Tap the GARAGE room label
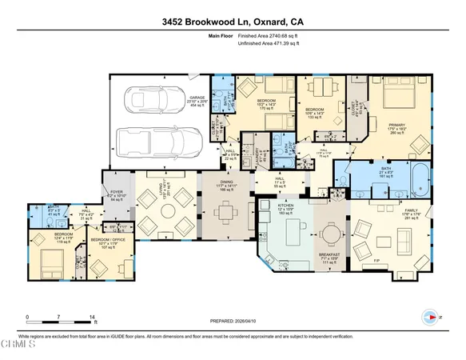tap(197, 76)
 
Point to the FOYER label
tap(116, 192)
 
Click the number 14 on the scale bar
tap(94, 318)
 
